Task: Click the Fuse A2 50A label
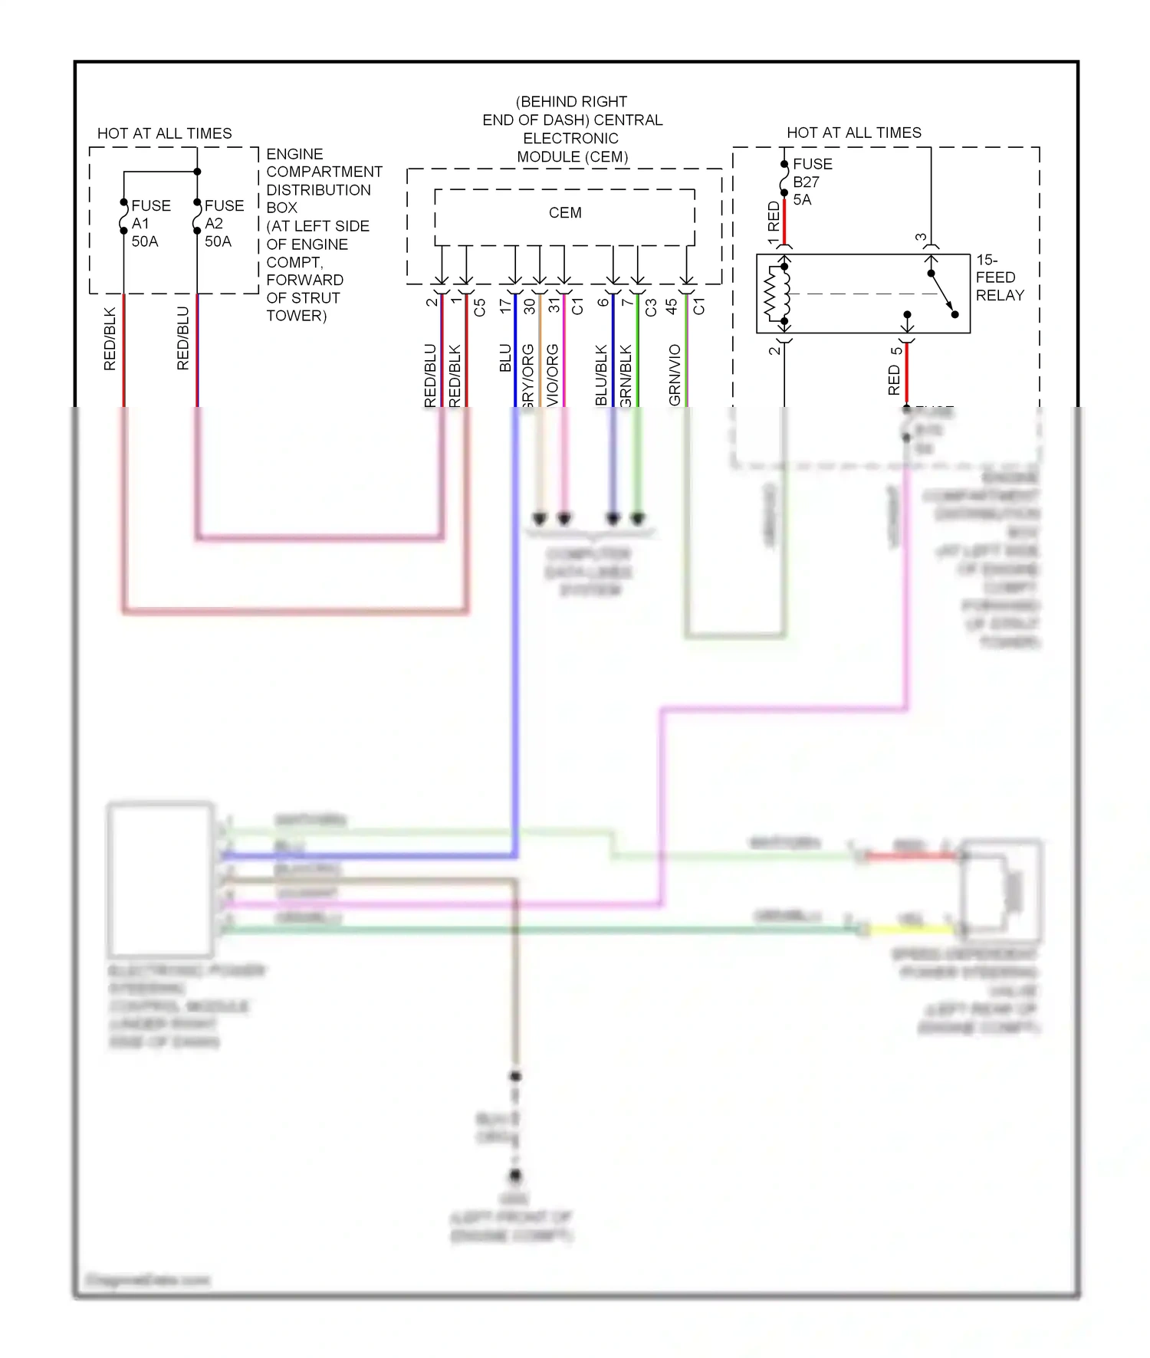click(223, 223)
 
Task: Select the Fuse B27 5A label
click(811, 182)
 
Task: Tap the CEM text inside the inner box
click(565, 212)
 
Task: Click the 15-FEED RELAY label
click(1000, 277)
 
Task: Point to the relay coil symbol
click(777, 294)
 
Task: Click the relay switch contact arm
click(943, 294)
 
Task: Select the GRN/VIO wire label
click(675, 375)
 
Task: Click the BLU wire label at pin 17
click(505, 358)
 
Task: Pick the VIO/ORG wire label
click(553, 375)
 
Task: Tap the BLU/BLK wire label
click(601, 375)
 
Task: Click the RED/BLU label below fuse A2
click(182, 338)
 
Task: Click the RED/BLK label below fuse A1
click(110, 338)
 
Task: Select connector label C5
click(480, 307)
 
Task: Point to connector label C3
click(651, 307)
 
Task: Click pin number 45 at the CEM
click(672, 306)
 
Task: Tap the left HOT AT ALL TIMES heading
click(164, 133)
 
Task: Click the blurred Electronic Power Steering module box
click(160, 879)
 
